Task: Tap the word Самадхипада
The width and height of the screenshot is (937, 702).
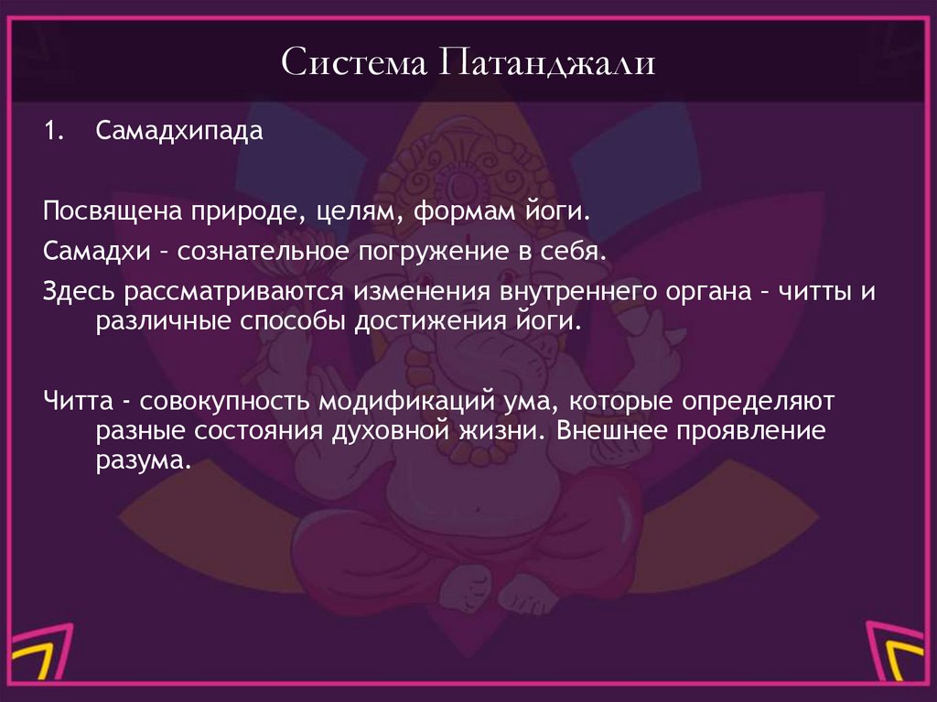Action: tap(179, 131)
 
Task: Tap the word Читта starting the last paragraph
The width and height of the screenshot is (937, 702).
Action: tap(76, 400)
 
